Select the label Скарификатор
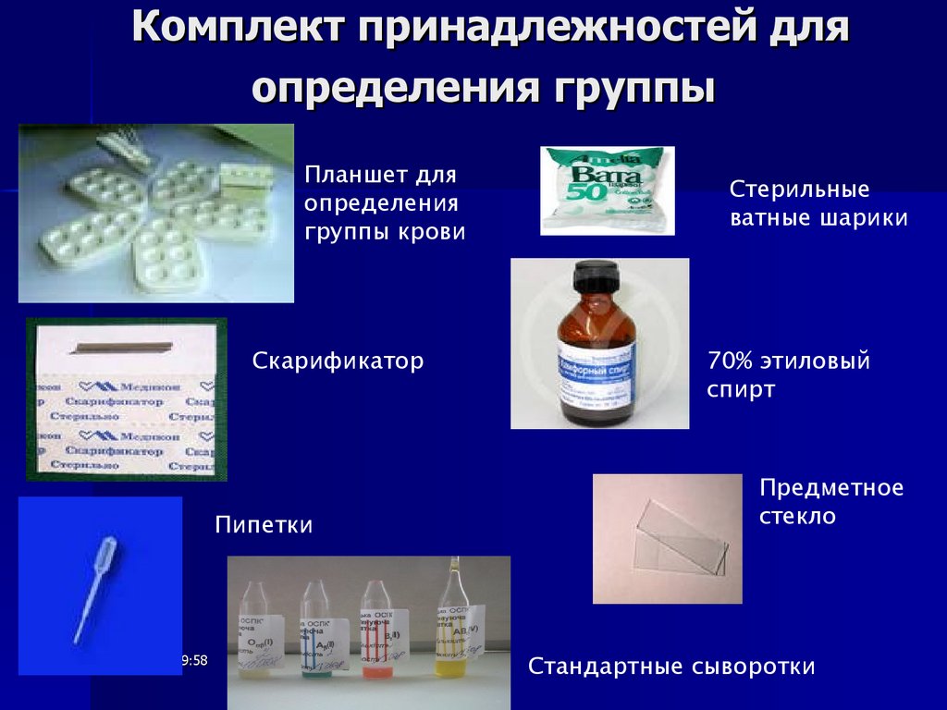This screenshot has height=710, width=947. coord(338,361)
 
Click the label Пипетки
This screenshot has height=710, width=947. coord(264,525)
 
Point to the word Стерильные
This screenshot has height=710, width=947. coord(799,190)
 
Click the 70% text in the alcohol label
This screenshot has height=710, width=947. coord(728,361)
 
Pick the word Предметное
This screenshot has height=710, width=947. coord(830,487)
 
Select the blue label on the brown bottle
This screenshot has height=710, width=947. coord(596,371)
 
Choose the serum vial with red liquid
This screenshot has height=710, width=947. coord(377,638)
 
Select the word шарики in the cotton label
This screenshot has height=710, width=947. coord(867,218)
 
